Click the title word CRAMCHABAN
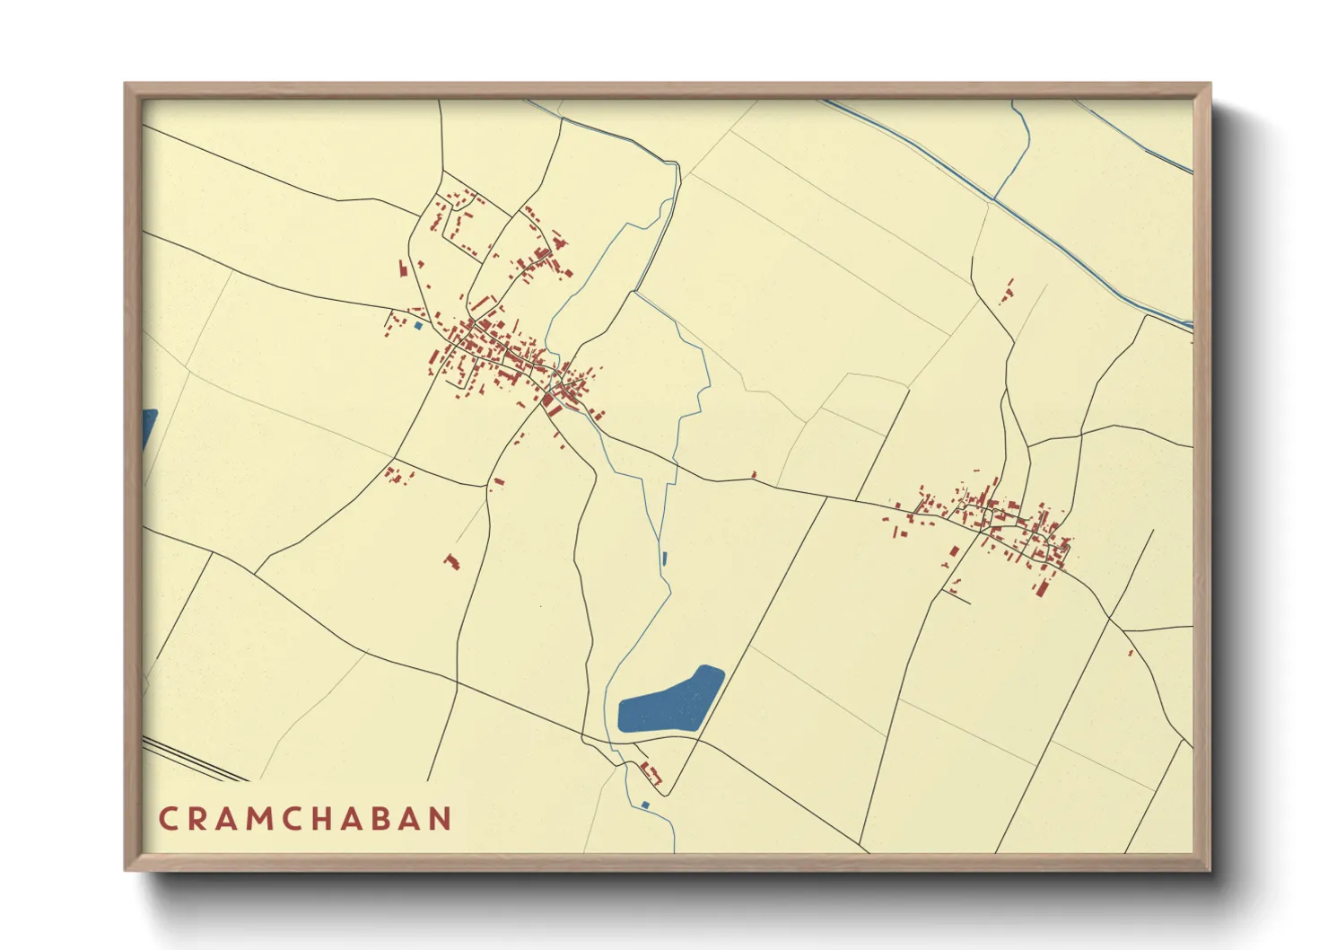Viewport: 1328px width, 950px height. click(305, 818)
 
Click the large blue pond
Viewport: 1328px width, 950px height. click(671, 700)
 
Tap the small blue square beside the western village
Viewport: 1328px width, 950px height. click(417, 325)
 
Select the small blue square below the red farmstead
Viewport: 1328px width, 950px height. click(644, 805)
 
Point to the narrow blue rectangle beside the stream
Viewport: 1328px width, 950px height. click(664, 558)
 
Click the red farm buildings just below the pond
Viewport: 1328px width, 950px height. click(651, 773)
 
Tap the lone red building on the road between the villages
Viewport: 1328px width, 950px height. click(754, 474)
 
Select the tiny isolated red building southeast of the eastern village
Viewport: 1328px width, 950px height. click(1131, 653)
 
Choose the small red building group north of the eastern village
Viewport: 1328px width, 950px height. click(1008, 292)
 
